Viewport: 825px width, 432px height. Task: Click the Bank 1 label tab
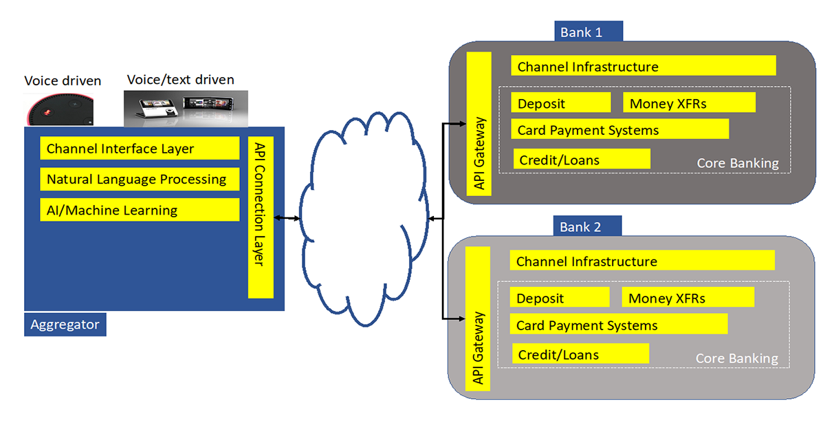pyautogui.click(x=588, y=32)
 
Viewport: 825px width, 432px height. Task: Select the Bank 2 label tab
pyautogui.click(x=587, y=226)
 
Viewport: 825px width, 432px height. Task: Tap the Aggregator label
pyautogui.click(x=65, y=324)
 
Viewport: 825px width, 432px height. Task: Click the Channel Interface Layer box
pyautogui.click(x=140, y=149)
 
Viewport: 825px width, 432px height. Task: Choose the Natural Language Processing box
pyautogui.click(x=140, y=180)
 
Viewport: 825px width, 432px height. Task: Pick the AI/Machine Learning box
pyautogui.click(x=140, y=210)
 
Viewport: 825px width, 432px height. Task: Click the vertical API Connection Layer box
pyautogui.click(x=261, y=217)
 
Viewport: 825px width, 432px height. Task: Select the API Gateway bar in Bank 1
pyautogui.click(x=479, y=124)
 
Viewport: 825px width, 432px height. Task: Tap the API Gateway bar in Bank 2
pyautogui.click(x=478, y=318)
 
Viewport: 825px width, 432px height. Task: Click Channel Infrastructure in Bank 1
pyautogui.click(x=643, y=66)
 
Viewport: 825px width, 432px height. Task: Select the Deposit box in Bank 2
pyautogui.click(x=560, y=298)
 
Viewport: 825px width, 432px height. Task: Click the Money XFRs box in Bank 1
pyautogui.click(x=689, y=103)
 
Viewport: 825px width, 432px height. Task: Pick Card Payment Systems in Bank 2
pyautogui.click(x=618, y=325)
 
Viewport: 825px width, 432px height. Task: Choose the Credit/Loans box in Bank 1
pyautogui.click(x=582, y=160)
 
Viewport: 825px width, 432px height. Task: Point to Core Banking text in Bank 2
pyautogui.click(x=736, y=358)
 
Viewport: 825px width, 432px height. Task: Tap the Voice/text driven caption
pyautogui.click(x=180, y=80)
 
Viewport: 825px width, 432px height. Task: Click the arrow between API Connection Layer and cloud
pyautogui.click(x=287, y=218)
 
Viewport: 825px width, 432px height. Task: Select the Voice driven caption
pyautogui.click(x=63, y=80)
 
